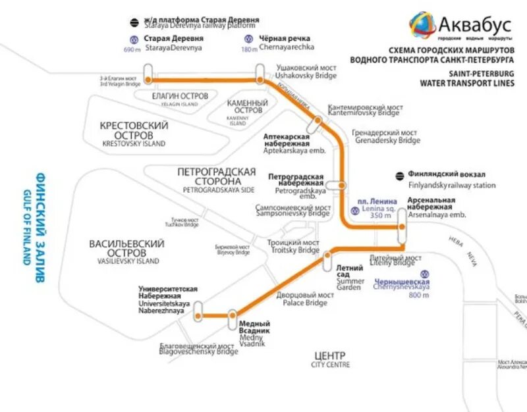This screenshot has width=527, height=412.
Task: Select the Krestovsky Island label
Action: (134, 133)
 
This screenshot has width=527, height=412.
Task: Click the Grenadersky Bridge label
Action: (387, 136)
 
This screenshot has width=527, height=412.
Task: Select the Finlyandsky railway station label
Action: (451, 180)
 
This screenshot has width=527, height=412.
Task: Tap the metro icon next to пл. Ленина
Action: (356, 211)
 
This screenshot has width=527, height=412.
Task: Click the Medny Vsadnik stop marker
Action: (232, 319)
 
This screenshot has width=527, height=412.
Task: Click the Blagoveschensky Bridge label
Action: (198, 349)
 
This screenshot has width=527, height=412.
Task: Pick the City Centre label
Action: (331, 359)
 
